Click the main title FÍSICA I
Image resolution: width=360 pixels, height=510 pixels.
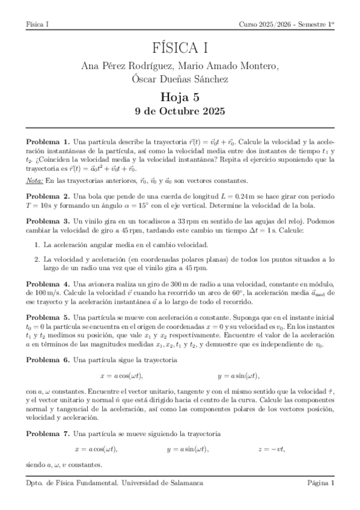click(x=180, y=49)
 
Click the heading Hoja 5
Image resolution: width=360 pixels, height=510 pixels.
click(x=180, y=96)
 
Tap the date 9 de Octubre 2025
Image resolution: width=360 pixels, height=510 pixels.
click(x=180, y=111)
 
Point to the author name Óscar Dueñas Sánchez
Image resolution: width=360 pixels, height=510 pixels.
click(x=180, y=78)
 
